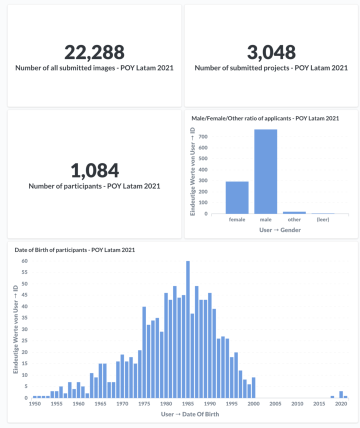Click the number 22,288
[94, 52]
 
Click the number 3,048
[271, 52]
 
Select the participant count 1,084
[94, 170]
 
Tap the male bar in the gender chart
[265, 171]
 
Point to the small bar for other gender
[294, 212]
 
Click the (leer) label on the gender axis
[323, 219]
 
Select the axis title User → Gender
[279, 230]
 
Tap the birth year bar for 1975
[144, 352]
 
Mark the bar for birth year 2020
[341, 394]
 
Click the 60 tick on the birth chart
[24, 261]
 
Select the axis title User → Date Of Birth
[189, 414]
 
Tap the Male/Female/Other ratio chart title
[265, 118]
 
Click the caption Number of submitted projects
[271, 68]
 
